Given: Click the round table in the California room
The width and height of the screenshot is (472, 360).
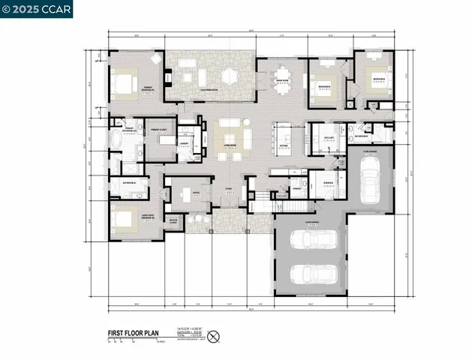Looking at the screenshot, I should [229, 76].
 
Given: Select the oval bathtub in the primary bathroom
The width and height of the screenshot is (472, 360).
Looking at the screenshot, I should [116, 140].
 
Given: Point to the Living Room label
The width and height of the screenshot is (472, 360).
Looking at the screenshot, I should [229, 143].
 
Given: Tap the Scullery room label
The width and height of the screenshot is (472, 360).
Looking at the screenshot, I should [329, 138].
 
